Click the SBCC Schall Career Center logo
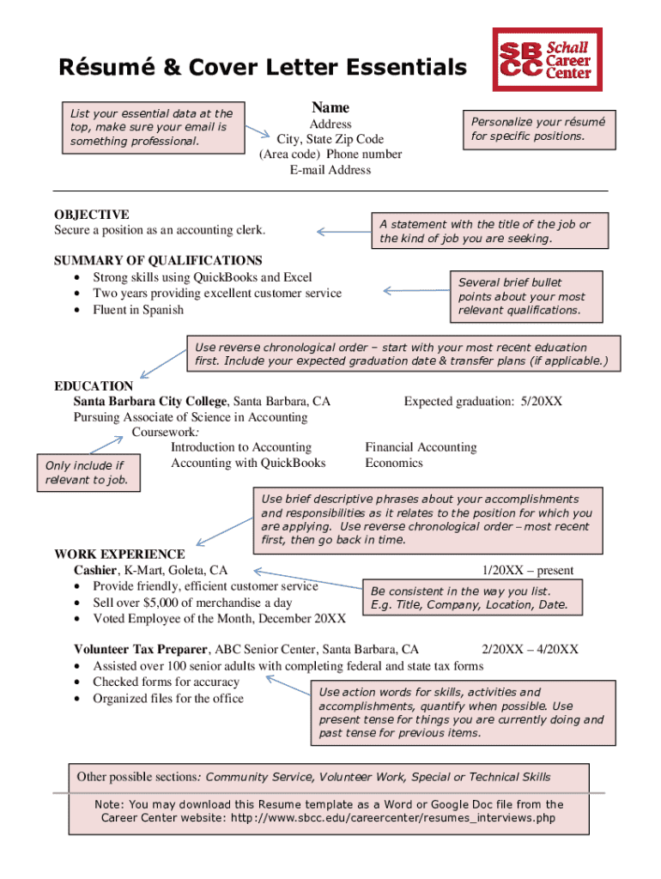pyautogui.click(x=547, y=59)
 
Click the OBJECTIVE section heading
pyautogui.click(x=92, y=215)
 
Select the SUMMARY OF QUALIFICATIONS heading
pyautogui.click(x=158, y=260)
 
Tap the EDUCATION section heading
pyautogui.click(x=94, y=386)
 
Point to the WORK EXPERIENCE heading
pyautogui.click(x=119, y=555)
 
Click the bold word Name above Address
pyautogui.click(x=330, y=107)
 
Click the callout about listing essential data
pyautogui.click(x=152, y=126)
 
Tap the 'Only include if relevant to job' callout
pyautogui.click(x=86, y=473)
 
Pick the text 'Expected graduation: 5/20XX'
pyautogui.click(x=483, y=402)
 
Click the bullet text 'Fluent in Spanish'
pyautogui.click(x=138, y=309)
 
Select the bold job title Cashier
pyautogui.click(x=95, y=570)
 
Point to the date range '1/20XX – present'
pyautogui.click(x=528, y=570)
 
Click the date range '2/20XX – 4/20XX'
pyautogui.click(x=530, y=650)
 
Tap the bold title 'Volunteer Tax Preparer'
pyautogui.click(x=141, y=650)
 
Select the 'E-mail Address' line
pyautogui.click(x=330, y=170)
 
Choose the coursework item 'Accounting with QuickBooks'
pyautogui.click(x=248, y=463)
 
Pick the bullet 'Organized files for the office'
pyautogui.click(x=168, y=698)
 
